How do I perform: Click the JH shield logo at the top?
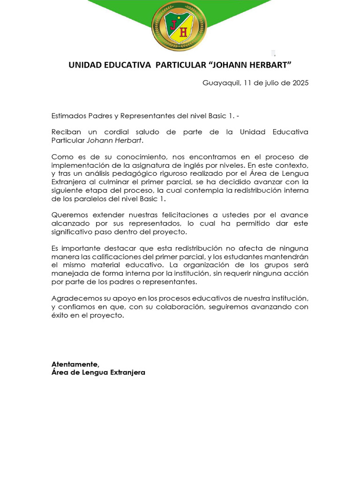[179, 26]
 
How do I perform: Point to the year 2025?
[300, 83]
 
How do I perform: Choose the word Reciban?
[64, 132]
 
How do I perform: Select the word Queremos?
[68, 215]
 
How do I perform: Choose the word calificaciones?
[113, 256]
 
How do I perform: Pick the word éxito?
[60, 315]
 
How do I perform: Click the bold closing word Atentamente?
[75, 364]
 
